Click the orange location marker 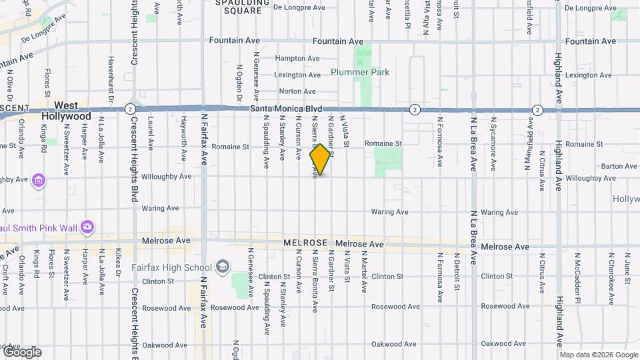coord(321,159)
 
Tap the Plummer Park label coord(360,72)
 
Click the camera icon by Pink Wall coord(87,227)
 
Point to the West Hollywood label coord(66,111)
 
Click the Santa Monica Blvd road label coord(286,109)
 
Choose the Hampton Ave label coord(295,58)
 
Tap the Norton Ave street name coord(297,91)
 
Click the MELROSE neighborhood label coord(305,244)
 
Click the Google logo coord(21,351)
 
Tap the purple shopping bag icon coord(39,180)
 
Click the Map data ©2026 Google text coord(598,355)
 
